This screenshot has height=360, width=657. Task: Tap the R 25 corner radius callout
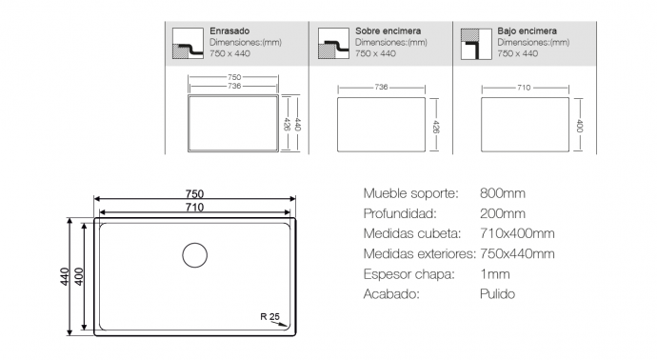coord(269,317)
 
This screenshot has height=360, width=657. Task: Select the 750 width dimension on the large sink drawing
coord(195,194)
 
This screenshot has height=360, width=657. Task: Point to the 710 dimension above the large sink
coord(195,208)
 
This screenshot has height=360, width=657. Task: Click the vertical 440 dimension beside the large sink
coord(65,276)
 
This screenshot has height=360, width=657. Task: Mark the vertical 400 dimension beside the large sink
coord(79,276)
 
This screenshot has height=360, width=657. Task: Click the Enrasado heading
coord(229,31)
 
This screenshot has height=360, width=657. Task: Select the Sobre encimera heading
coord(388,31)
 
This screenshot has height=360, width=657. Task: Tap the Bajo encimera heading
coord(528,31)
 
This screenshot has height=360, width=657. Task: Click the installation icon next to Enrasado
coord(188,44)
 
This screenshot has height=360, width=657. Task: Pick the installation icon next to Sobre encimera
coord(333,44)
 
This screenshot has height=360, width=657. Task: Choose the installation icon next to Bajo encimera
coord(476,44)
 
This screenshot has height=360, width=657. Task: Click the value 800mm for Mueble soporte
coord(503,193)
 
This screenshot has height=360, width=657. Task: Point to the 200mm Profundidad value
coord(503,213)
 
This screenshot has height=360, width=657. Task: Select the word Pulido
coord(497,293)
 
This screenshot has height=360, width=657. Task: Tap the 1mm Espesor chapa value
coord(495,274)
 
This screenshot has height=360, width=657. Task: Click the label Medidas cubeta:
coord(412,233)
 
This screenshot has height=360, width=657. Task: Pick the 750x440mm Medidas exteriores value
coord(517,253)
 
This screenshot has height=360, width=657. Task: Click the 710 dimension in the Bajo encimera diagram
coord(524,88)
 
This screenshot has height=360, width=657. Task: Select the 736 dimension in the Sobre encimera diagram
coord(381,88)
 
